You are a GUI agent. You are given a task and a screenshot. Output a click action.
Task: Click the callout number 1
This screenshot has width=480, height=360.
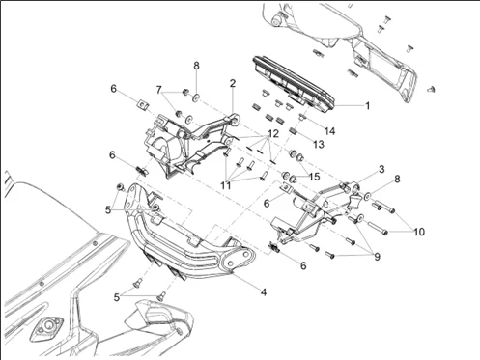coord(366,103)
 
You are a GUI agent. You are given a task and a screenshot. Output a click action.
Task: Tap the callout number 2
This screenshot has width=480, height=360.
coord(233,84)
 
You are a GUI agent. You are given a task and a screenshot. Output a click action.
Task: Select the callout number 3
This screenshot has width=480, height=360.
coord(354,169)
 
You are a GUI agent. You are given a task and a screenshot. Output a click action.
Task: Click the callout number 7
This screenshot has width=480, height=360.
coord(160,90)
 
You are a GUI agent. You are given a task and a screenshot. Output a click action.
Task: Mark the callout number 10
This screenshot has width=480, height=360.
coord(419,231)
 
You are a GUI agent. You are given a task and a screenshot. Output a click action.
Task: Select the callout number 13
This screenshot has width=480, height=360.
coord(317,143)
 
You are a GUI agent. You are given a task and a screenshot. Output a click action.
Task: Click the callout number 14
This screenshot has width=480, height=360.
coord(329,129)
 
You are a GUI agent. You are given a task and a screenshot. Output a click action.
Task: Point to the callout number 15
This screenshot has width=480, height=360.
coord(315,176)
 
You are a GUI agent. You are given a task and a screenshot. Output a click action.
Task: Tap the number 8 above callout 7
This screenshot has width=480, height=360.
coord(196,67)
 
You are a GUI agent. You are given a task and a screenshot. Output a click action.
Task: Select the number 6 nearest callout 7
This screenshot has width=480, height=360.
coord(114,88)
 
